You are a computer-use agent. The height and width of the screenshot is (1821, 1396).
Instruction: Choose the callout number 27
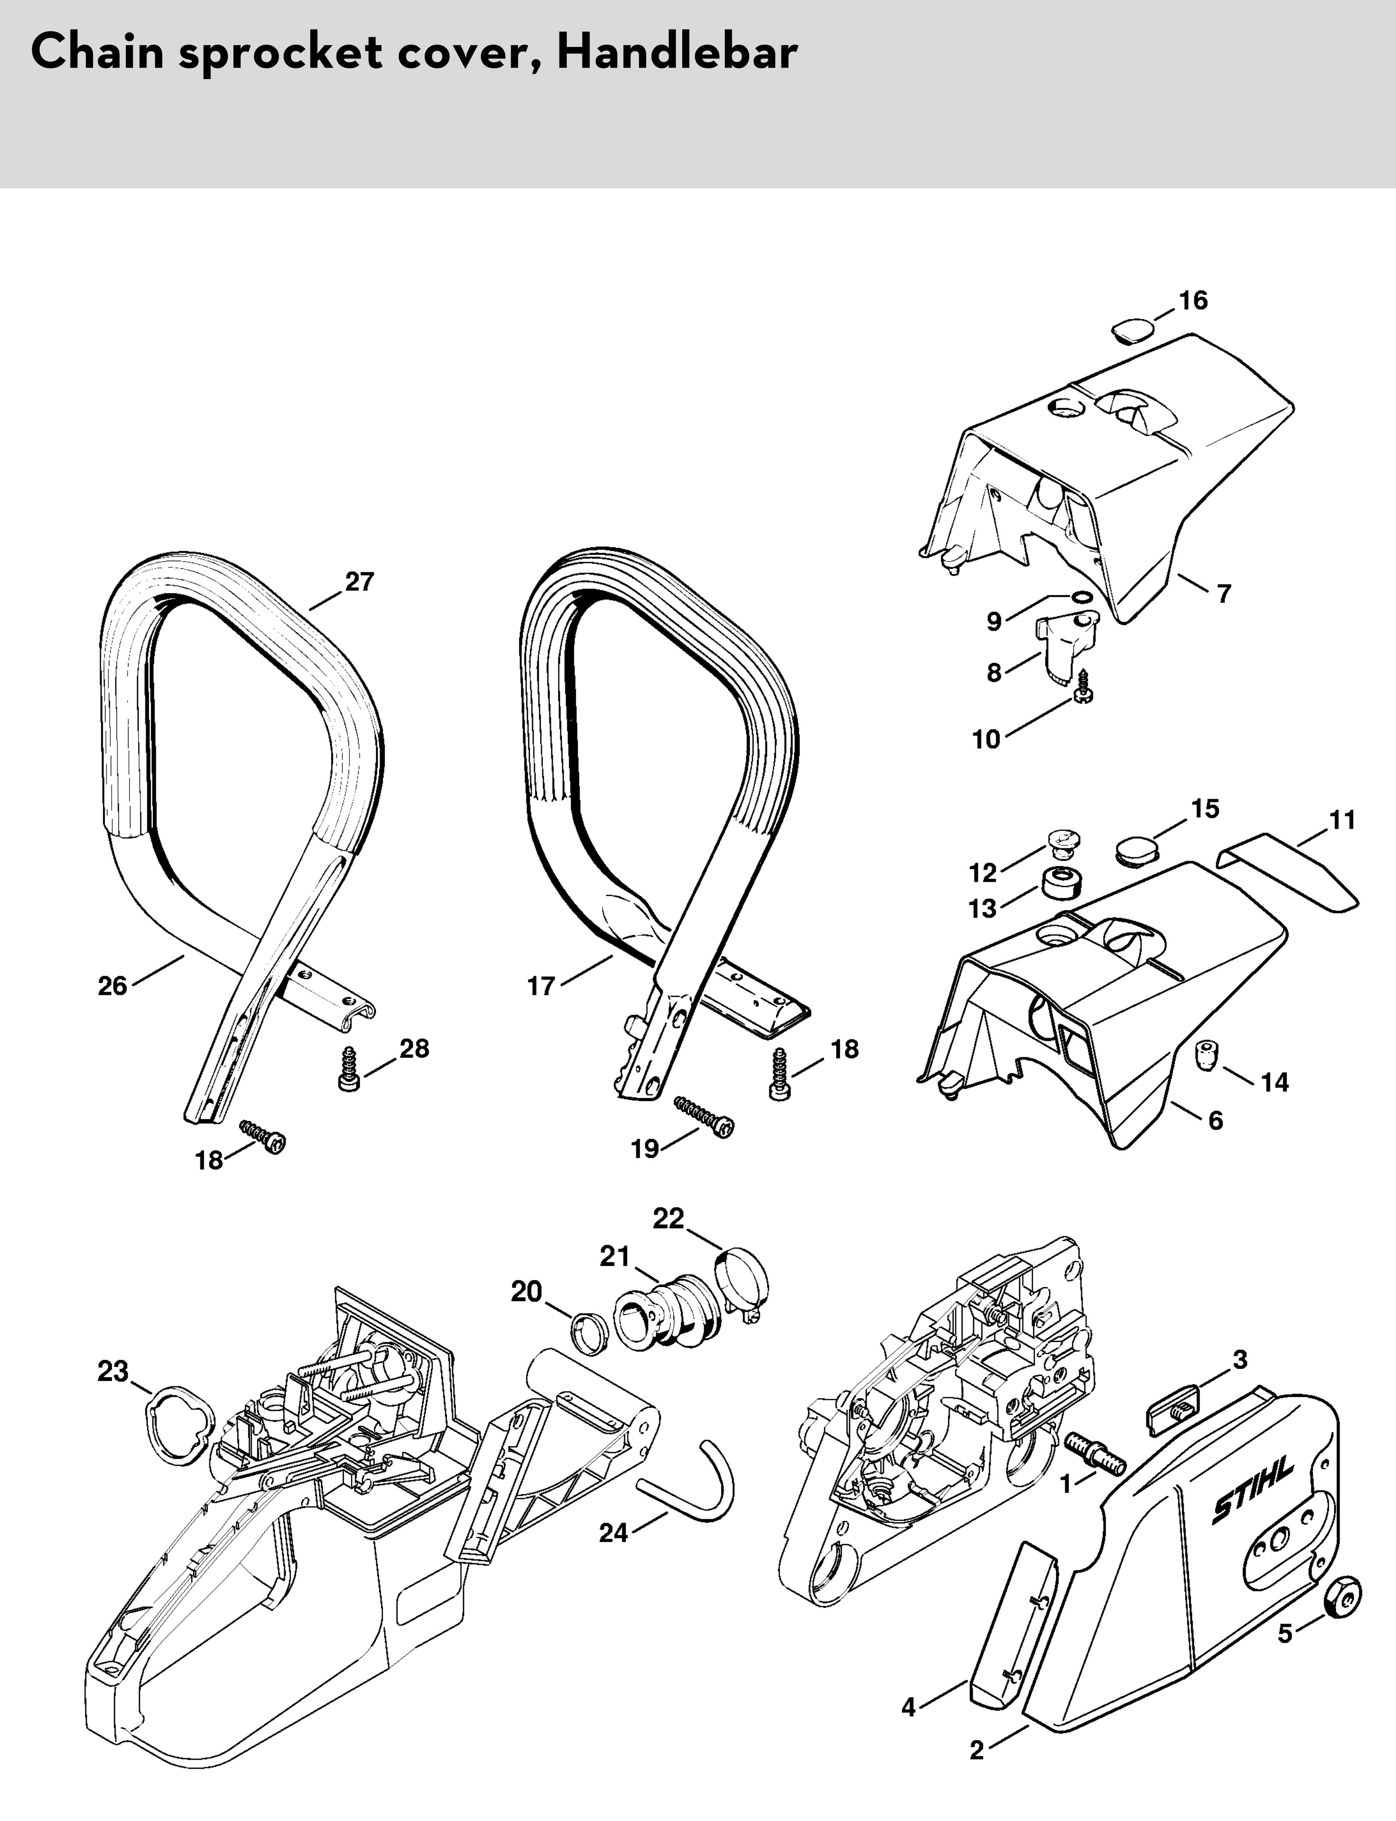[x=360, y=582]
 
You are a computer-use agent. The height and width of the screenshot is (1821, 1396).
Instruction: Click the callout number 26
[x=113, y=986]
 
